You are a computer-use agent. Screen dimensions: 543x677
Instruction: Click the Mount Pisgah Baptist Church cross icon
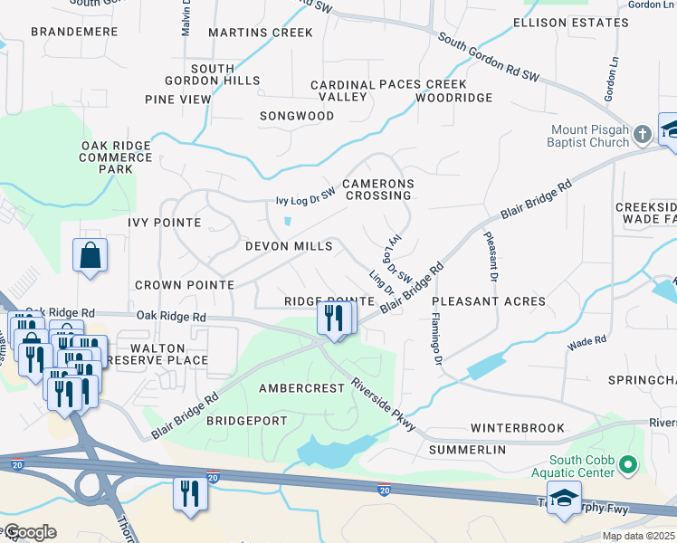click(x=643, y=135)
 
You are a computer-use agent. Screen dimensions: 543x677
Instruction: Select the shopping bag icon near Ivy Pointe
click(x=91, y=256)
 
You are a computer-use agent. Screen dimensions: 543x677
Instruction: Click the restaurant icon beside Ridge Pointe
click(x=335, y=319)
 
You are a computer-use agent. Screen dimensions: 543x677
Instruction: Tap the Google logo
click(x=29, y=532)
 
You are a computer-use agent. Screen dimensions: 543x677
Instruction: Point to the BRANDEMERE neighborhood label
click(x=74, y=32)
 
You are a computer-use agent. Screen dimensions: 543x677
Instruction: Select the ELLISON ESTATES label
click(x=569, y=22)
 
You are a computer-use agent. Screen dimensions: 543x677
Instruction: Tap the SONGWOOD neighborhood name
click(x=297, y=116)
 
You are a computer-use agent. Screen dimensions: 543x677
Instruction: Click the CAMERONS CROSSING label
click(x=378, y=189)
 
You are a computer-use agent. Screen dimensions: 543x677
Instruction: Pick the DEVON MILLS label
click(x=290, y=246)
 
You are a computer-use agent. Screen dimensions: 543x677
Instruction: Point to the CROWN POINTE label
click(x=184, y=284)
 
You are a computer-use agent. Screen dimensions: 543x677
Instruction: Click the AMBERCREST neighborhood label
click(x=301, y=387)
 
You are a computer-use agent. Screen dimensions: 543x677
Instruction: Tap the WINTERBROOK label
click(x=517, y=427)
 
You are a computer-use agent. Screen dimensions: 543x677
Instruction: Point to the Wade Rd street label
click(x=586, y=343)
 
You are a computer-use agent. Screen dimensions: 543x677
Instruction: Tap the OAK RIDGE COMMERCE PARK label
click(x=117, y=157)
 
